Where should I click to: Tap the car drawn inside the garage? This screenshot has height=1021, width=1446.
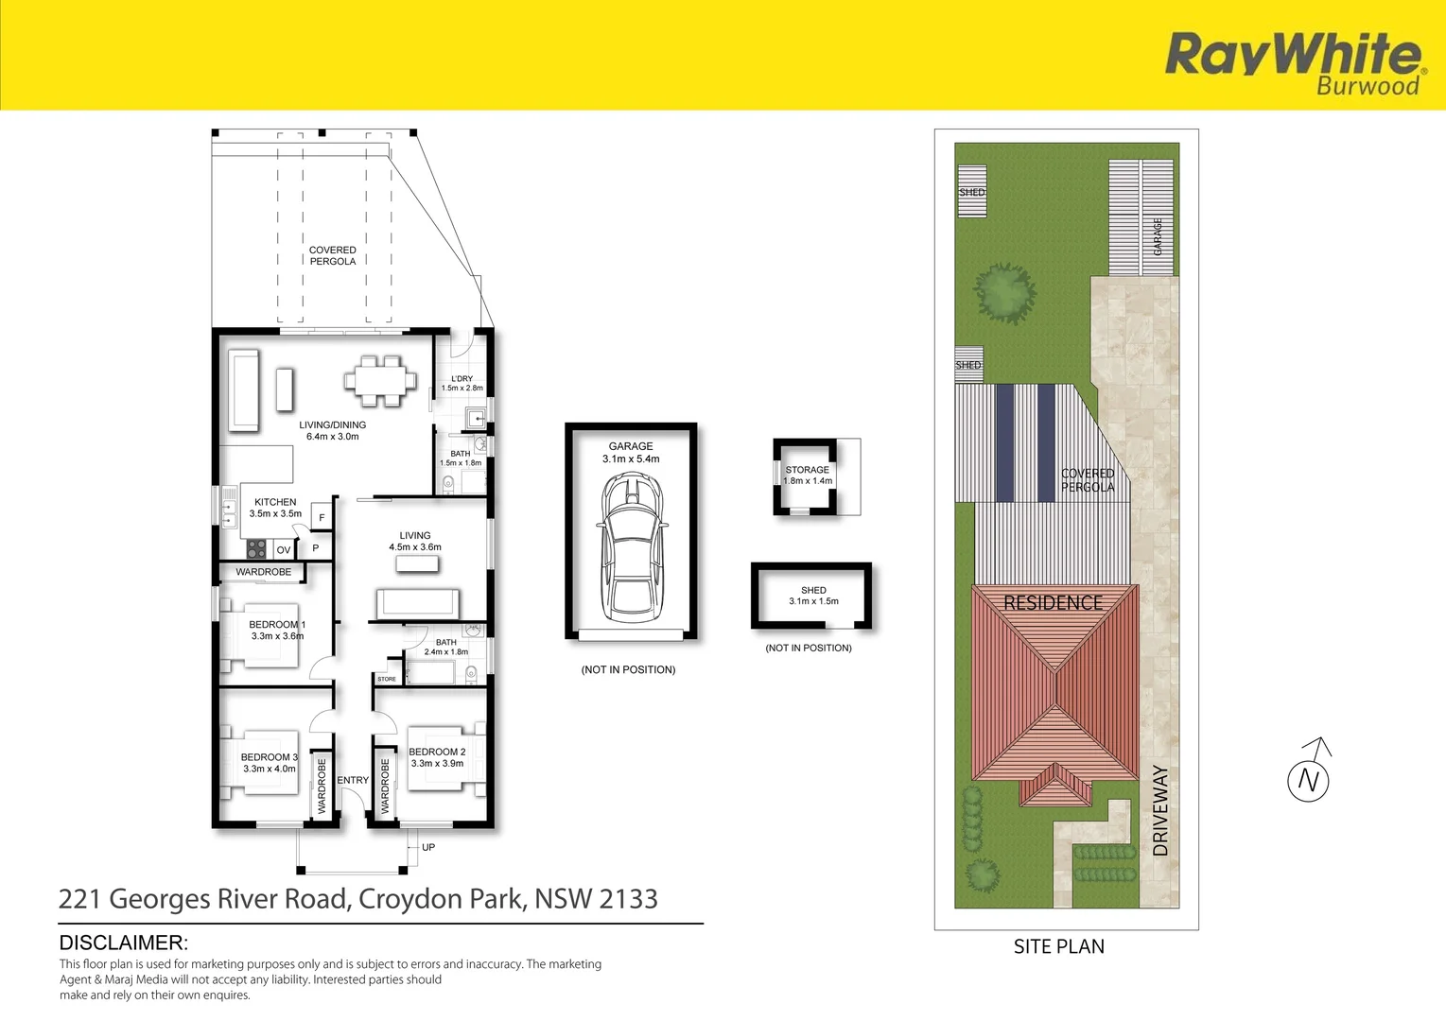[x=631, y=547]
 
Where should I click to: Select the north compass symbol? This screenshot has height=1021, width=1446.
[x=1309, y=779]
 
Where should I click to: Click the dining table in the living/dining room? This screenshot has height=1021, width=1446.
[x=379, y=381]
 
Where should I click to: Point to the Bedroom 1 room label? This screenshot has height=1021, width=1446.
[x=277, y=624]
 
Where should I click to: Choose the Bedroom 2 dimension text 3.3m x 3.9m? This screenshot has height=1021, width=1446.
[x=437, y=763]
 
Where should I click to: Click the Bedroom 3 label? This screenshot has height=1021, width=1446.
[x=269, y=757]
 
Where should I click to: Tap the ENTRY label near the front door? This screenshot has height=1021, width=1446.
[x=353, y=780]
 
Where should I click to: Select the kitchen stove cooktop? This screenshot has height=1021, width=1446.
[x=256, y=549]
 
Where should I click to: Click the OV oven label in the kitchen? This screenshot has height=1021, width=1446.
[x=284, y=550]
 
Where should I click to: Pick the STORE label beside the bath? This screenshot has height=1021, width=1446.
[x=387, y=679]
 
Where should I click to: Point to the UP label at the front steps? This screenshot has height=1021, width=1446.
[x=428, y=847]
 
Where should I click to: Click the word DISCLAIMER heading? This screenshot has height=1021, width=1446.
[x=124, y=943]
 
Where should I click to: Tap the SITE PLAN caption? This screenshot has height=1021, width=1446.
[x=1058, y=946]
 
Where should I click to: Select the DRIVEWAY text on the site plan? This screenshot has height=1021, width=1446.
[x=1160, y=810]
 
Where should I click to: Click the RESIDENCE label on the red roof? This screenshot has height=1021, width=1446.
[x=1053, y=602]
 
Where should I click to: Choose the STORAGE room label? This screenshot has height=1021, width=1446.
[x=807, y=469]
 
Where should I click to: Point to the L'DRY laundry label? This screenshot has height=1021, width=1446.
[x=462, y=378]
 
